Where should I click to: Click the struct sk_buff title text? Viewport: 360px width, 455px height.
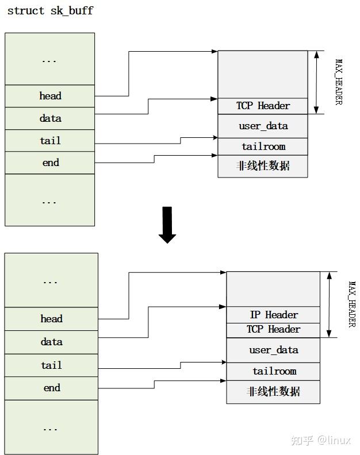[50, 11]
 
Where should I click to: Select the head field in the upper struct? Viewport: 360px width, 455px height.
[50, 96]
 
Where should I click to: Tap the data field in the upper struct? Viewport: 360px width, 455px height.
[50, 118]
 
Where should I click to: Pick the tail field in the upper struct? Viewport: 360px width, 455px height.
[50, 141]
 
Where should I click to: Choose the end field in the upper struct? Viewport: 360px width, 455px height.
[50, 163]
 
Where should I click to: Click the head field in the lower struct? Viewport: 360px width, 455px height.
[51, 319]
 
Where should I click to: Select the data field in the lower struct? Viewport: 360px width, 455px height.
[51, 342]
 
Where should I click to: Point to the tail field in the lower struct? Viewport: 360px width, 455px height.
[51, 365]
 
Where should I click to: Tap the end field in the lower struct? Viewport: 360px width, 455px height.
[51, 388]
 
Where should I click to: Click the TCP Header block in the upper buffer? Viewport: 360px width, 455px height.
[263, 106]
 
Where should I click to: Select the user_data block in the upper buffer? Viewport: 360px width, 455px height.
[263, 126]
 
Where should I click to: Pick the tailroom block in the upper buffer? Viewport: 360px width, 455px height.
[263, 146]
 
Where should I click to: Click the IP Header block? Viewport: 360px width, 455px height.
[273, 315]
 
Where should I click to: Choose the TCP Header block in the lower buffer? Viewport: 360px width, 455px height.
[273, 330]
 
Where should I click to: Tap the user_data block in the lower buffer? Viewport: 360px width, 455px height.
[273, 350]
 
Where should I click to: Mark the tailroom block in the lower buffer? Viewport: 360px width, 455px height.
[273, 371]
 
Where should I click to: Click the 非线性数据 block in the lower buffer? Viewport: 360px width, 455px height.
[273, 392]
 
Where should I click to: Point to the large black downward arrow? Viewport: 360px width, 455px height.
[167, 225]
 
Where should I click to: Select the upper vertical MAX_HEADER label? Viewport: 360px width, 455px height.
[339, 82]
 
